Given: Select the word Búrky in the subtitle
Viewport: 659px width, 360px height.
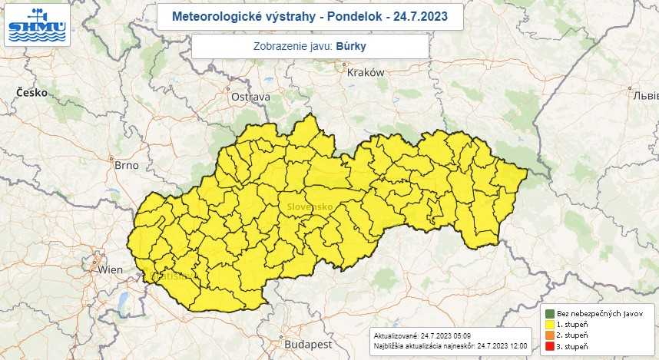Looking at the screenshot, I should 351,46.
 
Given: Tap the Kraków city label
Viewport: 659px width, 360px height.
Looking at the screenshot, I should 365,73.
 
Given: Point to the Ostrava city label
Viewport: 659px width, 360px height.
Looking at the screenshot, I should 250,97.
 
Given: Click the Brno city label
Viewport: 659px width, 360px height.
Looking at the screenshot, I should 125,165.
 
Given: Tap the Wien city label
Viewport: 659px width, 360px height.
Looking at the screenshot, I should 111,269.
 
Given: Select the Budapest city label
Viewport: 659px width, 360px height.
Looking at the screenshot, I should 307,345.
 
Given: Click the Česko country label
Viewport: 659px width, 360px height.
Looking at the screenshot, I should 32,92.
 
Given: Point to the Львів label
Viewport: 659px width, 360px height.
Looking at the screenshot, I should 644,95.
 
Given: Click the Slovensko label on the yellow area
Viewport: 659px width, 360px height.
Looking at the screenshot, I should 310,207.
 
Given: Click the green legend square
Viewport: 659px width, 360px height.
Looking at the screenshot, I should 549,313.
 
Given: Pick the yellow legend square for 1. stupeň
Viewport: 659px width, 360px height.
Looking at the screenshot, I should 549,325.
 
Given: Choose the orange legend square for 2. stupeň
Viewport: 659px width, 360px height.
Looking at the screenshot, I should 549,336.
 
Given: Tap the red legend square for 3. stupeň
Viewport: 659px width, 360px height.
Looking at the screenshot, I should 549,348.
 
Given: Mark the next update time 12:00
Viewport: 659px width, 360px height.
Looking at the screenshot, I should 517,347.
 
